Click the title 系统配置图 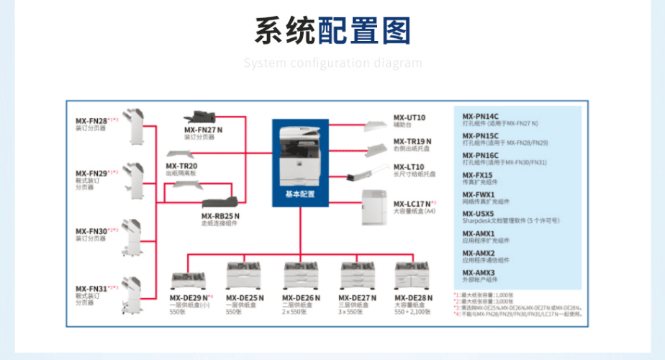(x=332, y=32)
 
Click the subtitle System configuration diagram (x=332, y=63)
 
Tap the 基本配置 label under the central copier (x=300, y=194)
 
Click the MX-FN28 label (x=92, y=121)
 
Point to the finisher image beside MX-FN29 (x=134, y=176)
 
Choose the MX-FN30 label (x=92, y=231)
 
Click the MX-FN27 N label (x=204, y=130)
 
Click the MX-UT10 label (x=409, y=117)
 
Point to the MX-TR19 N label (x=412, y=141)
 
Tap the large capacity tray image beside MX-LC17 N (x=376, y=207)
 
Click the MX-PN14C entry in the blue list (x=480, y=116)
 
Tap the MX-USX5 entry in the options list (x=479, y=214)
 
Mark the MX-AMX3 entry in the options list (x=479, y=273)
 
